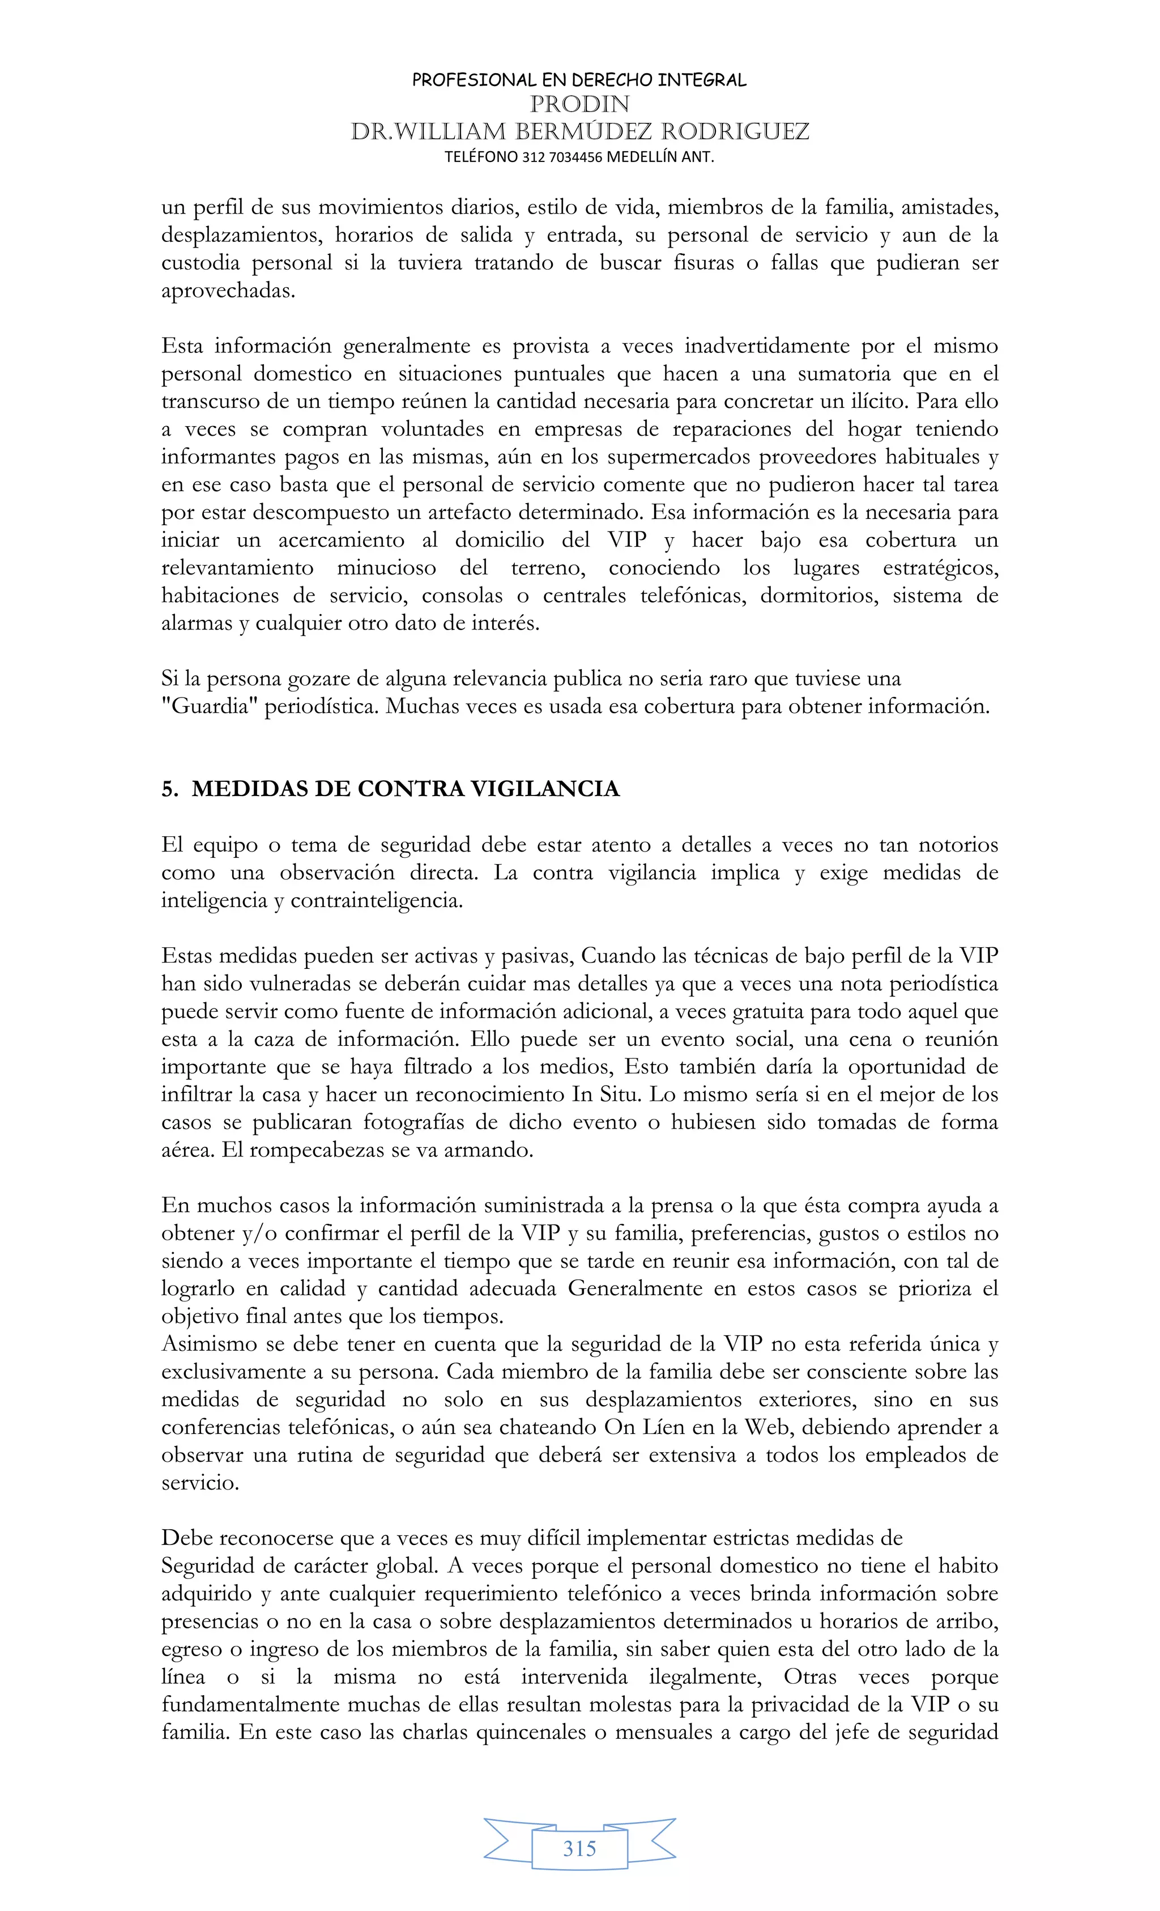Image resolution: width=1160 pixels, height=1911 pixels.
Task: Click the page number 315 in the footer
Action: click(x=579, y=1848)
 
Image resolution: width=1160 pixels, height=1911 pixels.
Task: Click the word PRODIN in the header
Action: click(x=579, y=104)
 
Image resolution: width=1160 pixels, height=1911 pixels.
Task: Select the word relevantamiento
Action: click(x=237, y=568)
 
